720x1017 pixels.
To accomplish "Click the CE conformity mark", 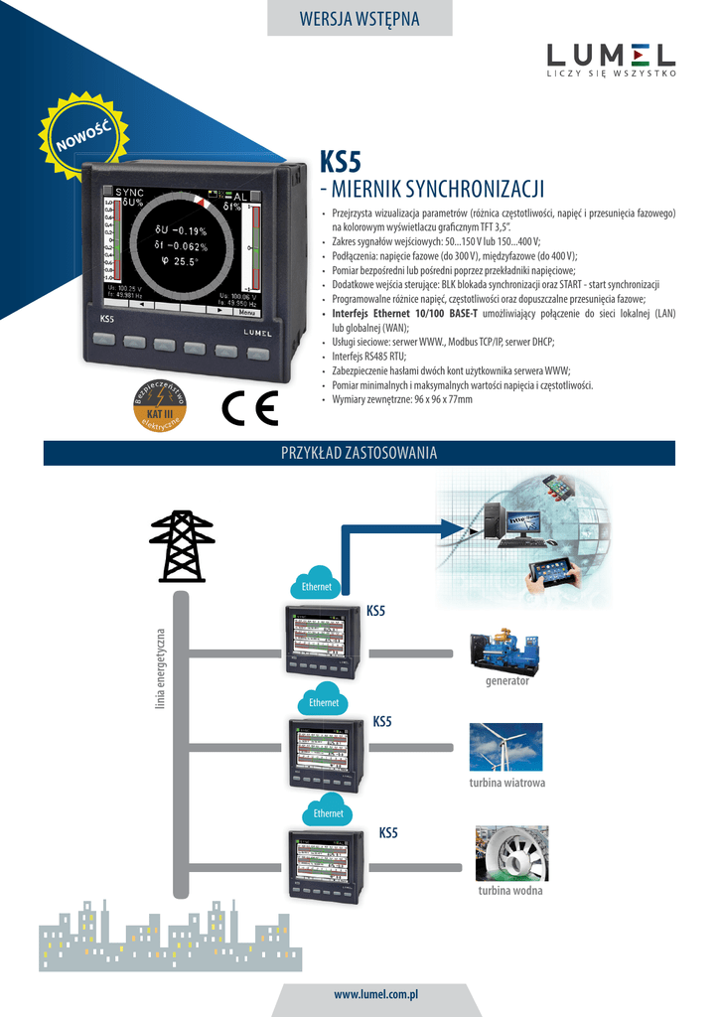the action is click(249, 408).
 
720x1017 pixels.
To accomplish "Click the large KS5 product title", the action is click(340, 161).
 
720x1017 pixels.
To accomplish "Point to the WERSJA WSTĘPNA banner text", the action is click(360, 19).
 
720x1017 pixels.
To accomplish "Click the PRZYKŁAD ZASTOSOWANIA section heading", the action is click(360, 453).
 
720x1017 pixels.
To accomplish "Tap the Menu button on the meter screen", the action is click(246, 312).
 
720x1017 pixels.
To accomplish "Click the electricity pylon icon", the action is click(182, 545).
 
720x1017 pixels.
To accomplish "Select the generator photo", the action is click(506, 651).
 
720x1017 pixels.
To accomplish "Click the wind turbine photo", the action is click(505, 747).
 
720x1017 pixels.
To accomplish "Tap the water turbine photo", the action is click(511, 853).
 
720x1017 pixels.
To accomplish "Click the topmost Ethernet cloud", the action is click(317, 584).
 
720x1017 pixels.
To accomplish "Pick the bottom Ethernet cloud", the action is click(328, 810).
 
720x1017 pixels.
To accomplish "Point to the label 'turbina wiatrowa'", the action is click(506, 783).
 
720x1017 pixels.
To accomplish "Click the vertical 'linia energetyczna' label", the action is click(159, 669).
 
